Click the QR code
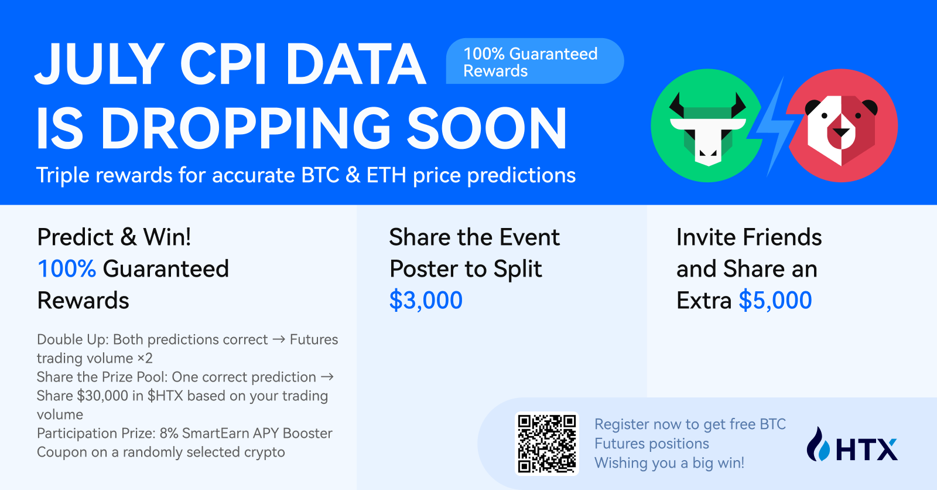coord(547,444)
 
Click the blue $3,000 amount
coord(426,300)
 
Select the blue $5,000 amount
coord(775,300)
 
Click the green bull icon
coord(707,125)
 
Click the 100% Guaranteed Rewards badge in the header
coord(535,61)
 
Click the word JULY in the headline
coord(100,64)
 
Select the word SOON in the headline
coord(487,128)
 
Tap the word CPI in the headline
coord(223,64)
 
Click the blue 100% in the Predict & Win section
coord(67,268)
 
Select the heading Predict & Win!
coord(114,237)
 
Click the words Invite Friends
coord(749,237)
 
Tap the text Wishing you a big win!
coord(669,463)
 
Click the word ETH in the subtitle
coord(387,175)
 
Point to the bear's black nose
coord(841,133)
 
